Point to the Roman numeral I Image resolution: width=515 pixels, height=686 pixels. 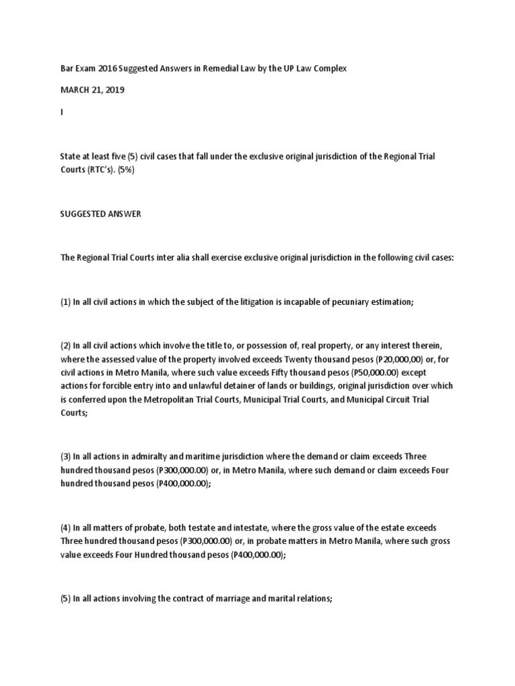62,113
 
